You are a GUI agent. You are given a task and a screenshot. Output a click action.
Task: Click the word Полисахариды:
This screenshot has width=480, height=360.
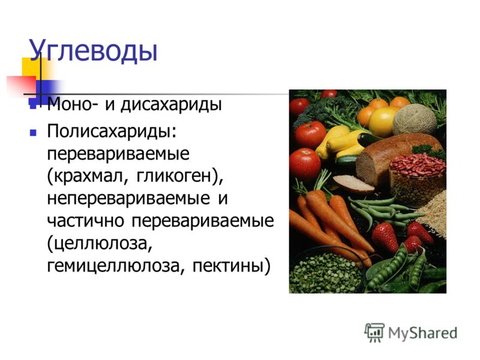click(x=112, y=131)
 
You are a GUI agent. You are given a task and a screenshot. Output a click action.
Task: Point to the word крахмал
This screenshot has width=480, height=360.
click(x=89, y=176)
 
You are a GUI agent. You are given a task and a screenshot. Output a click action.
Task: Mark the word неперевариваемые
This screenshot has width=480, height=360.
click(x=128, y=199)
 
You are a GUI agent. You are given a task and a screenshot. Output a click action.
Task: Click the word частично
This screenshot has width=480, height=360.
click(x=85, y=220)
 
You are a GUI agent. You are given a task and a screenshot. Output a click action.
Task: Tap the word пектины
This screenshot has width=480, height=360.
click(x=228, y=265)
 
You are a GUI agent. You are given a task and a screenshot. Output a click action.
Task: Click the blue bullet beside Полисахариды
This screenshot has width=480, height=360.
click(x=33, y=133)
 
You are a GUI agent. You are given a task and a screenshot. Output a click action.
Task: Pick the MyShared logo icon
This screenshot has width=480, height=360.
click(x=374, y=332)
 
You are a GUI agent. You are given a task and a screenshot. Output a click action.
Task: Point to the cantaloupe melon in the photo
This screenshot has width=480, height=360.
click(x=415, y=119)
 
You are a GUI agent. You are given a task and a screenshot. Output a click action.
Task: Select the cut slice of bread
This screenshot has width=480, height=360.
click(x=353, y=183)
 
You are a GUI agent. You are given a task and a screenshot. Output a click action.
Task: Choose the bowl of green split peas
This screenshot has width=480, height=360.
click(x=325, y=272)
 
